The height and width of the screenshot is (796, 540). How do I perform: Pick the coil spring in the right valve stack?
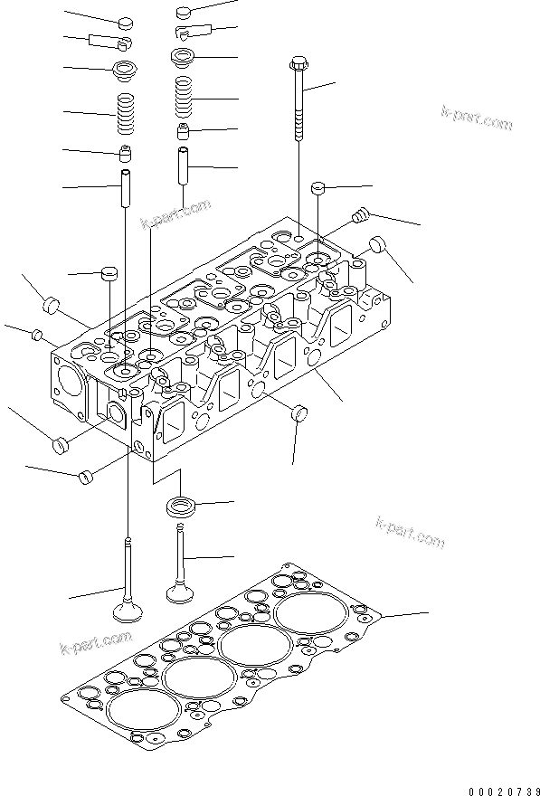click(184, 97)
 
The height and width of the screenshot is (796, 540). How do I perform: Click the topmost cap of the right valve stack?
click(184, 13)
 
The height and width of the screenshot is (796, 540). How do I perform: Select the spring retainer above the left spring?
click(124, 69)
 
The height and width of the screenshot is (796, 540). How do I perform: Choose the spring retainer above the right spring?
click(184, 57)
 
